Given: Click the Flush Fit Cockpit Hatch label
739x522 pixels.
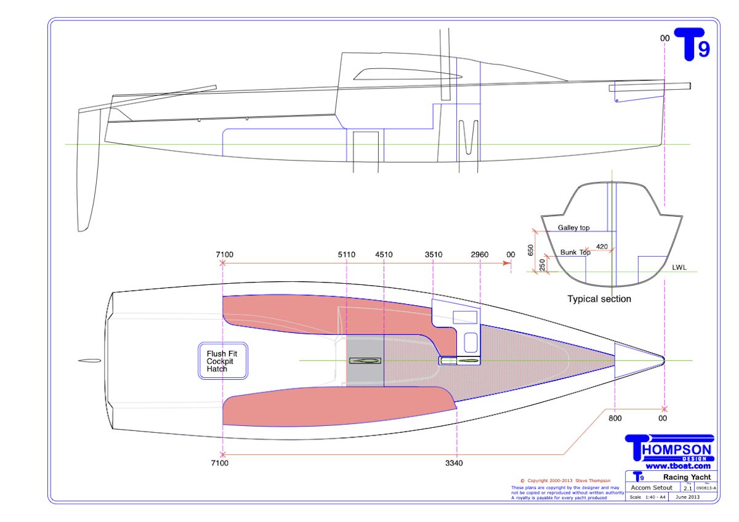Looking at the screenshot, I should click(222, 361).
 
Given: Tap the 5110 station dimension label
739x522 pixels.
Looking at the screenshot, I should click(347, 255).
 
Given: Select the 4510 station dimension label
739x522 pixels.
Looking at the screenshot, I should click(384, 255).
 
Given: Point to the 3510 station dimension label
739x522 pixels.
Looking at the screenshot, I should click(434, 255).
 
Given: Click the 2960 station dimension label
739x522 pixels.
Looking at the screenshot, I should click(480, 255).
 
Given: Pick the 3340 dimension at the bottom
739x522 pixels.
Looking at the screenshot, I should click(456, 463).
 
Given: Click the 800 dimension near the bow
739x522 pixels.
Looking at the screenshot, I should click(615, 419).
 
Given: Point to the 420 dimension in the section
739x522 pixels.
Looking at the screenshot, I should click(602, 247).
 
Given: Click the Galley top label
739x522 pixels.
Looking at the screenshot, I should click(573, 228).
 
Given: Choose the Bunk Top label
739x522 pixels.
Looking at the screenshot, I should click(575, 252).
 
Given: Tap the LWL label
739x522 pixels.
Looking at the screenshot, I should click(679, 268).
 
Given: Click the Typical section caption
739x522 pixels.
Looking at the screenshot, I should click(599, 299).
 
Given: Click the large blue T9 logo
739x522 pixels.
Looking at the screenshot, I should click(692, 45).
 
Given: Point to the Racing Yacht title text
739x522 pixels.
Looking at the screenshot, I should click(686, 477).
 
